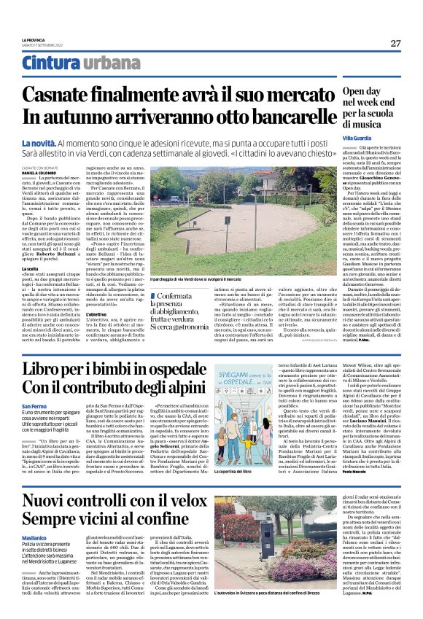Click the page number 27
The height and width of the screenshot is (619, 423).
coord(395,43)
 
